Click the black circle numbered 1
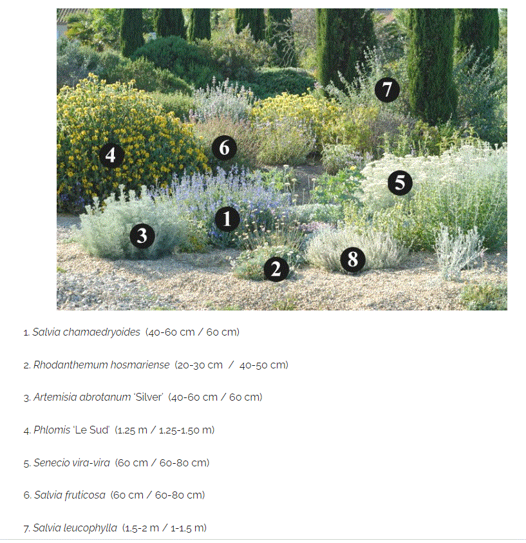pyautogui.click(x=227, y=219)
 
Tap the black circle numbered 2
pyautogui.click(x=276, y=269)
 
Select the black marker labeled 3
pyautogui.click(x=142, y=236)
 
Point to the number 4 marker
pyautogui.click(x=111, y=155)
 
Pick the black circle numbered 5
pyautogui.click(x=400, y=182)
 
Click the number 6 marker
pyautogui.click(x=224, y=148)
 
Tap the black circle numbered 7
pyautogui.click(x=387, y=90)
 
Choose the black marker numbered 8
pyautogui.click(x=353, y=260)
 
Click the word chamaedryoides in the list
pyautogui.click(x=101, y=332)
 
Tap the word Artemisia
pyautogui.click(x=55, y=397)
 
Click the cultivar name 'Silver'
pyautogui.click(x=148, y=397)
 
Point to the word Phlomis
pyautogui.click(x=52, y=430)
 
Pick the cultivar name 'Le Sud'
pyautogui.click(x=90, y=430)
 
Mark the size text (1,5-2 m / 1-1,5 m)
pyautogui.click(x=164, y=528)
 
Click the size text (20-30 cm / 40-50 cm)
pyautogui.click(x=232, y=365)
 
